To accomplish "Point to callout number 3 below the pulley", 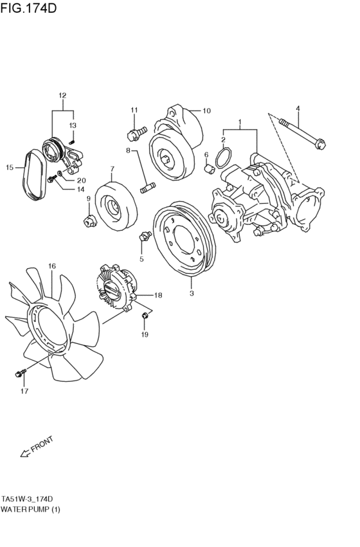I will coord(191,294).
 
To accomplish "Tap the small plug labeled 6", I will coord(208,168).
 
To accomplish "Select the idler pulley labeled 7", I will coord(116,206).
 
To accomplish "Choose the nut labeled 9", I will coord(88,222).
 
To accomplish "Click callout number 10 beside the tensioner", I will coord(206,111).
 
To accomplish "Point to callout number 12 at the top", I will coord(62,96).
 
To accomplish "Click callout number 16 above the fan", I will coord(52,265).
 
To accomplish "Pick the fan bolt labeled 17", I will coord(21,372).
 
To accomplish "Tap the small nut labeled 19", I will coord(145,316).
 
